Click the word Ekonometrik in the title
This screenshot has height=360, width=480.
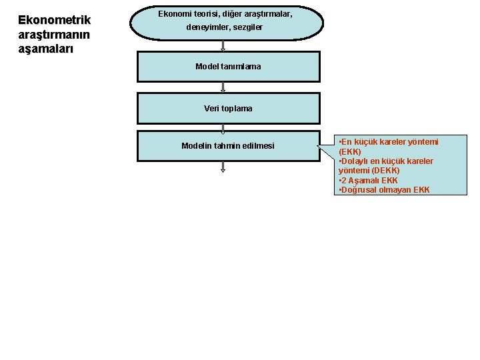[54, 21]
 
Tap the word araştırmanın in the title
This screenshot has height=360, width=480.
[54, 35]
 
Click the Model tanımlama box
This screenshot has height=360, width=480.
[228, 67]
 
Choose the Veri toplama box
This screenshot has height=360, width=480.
[228, 108]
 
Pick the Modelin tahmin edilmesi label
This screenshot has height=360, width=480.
[228, 146]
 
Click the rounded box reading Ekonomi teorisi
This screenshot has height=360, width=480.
[227, 23]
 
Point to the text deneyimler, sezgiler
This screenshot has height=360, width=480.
[228, 27]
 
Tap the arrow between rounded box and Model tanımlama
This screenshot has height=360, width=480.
[223, 46]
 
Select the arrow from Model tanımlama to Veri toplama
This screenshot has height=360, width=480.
[223, 87]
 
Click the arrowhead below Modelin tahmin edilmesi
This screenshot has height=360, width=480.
[223, 169]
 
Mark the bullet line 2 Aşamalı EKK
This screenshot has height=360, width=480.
[369, 181]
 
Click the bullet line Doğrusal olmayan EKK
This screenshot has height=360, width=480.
[385, 190]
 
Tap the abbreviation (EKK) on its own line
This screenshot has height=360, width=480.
[350, 152]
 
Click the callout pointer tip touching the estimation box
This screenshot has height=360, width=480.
[319, 140]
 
